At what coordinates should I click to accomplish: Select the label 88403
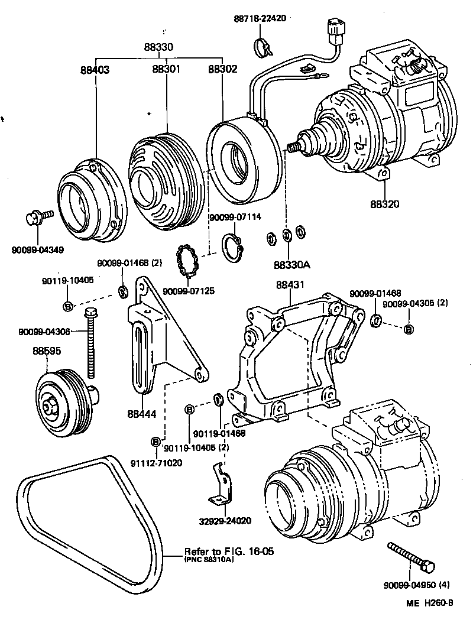coord(95,69)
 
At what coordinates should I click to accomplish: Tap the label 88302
coord(223,69)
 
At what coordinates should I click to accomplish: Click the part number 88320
coord(385,205)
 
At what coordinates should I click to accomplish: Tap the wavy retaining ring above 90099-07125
coord(188,261)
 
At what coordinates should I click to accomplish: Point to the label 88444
coord(141,414)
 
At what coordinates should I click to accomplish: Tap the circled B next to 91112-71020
coord(155,442)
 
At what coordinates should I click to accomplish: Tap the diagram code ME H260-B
coord(429,604)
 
